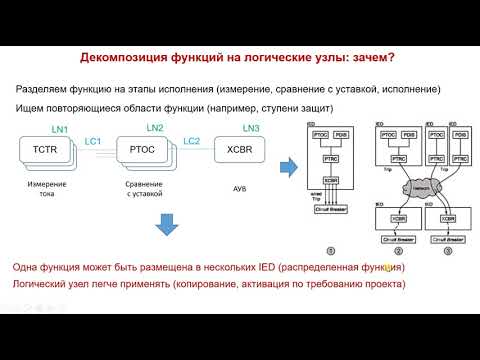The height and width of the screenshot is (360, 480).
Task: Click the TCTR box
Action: pyautogui.click(x=45, y=150)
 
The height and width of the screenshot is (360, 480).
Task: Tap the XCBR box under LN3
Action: pyautogui.click(x=237, y=150)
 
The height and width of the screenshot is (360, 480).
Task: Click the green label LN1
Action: pyautogui.click(x=59, y=130)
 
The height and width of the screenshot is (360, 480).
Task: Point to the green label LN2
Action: pyautogui.click(x=154, y=129)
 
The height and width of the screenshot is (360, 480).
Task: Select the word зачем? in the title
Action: pyautogui.click(x=375, y=58)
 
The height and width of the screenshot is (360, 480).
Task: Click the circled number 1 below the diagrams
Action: pyautogui.click(x=331, y=253)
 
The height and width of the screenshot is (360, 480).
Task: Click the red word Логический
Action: pyautogui.click(x=44, y=285)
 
